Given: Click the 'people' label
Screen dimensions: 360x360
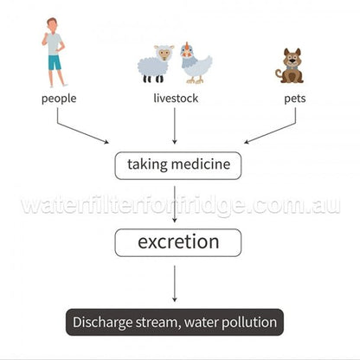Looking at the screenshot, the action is (x=59, y=99).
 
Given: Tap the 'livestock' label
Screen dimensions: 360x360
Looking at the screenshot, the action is (x=176, y=98).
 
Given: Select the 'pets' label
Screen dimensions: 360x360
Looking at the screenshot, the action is (x=295, y=99).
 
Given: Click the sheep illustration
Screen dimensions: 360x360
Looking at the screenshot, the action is (x=156, y=63).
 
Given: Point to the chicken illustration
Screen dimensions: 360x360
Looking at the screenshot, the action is (x=196, y=63).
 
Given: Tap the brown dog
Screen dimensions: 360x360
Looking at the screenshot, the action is (x=290, y=66).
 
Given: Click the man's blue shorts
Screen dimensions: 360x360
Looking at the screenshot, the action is (x=55, y=62).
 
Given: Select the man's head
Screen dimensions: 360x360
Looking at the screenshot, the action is (x=52, y=25).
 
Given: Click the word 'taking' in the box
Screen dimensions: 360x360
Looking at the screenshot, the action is (x=147, y=164).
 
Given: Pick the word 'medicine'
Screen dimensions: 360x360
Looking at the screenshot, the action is (x=201, y=164).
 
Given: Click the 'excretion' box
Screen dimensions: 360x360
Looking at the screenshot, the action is (x=178, y=242).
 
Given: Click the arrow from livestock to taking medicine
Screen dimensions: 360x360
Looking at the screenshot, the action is (x=174, y=126).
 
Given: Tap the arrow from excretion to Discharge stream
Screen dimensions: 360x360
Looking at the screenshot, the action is (x=174, y=284).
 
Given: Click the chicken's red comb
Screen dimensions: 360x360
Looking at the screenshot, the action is (x=188, y=45).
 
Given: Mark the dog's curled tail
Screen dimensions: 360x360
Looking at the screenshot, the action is (x=279, y=74).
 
